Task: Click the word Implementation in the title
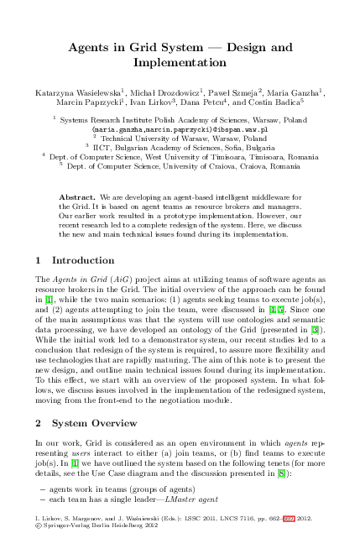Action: [x=180, y=63]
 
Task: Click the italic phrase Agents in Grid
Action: [x=81, y=276]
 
